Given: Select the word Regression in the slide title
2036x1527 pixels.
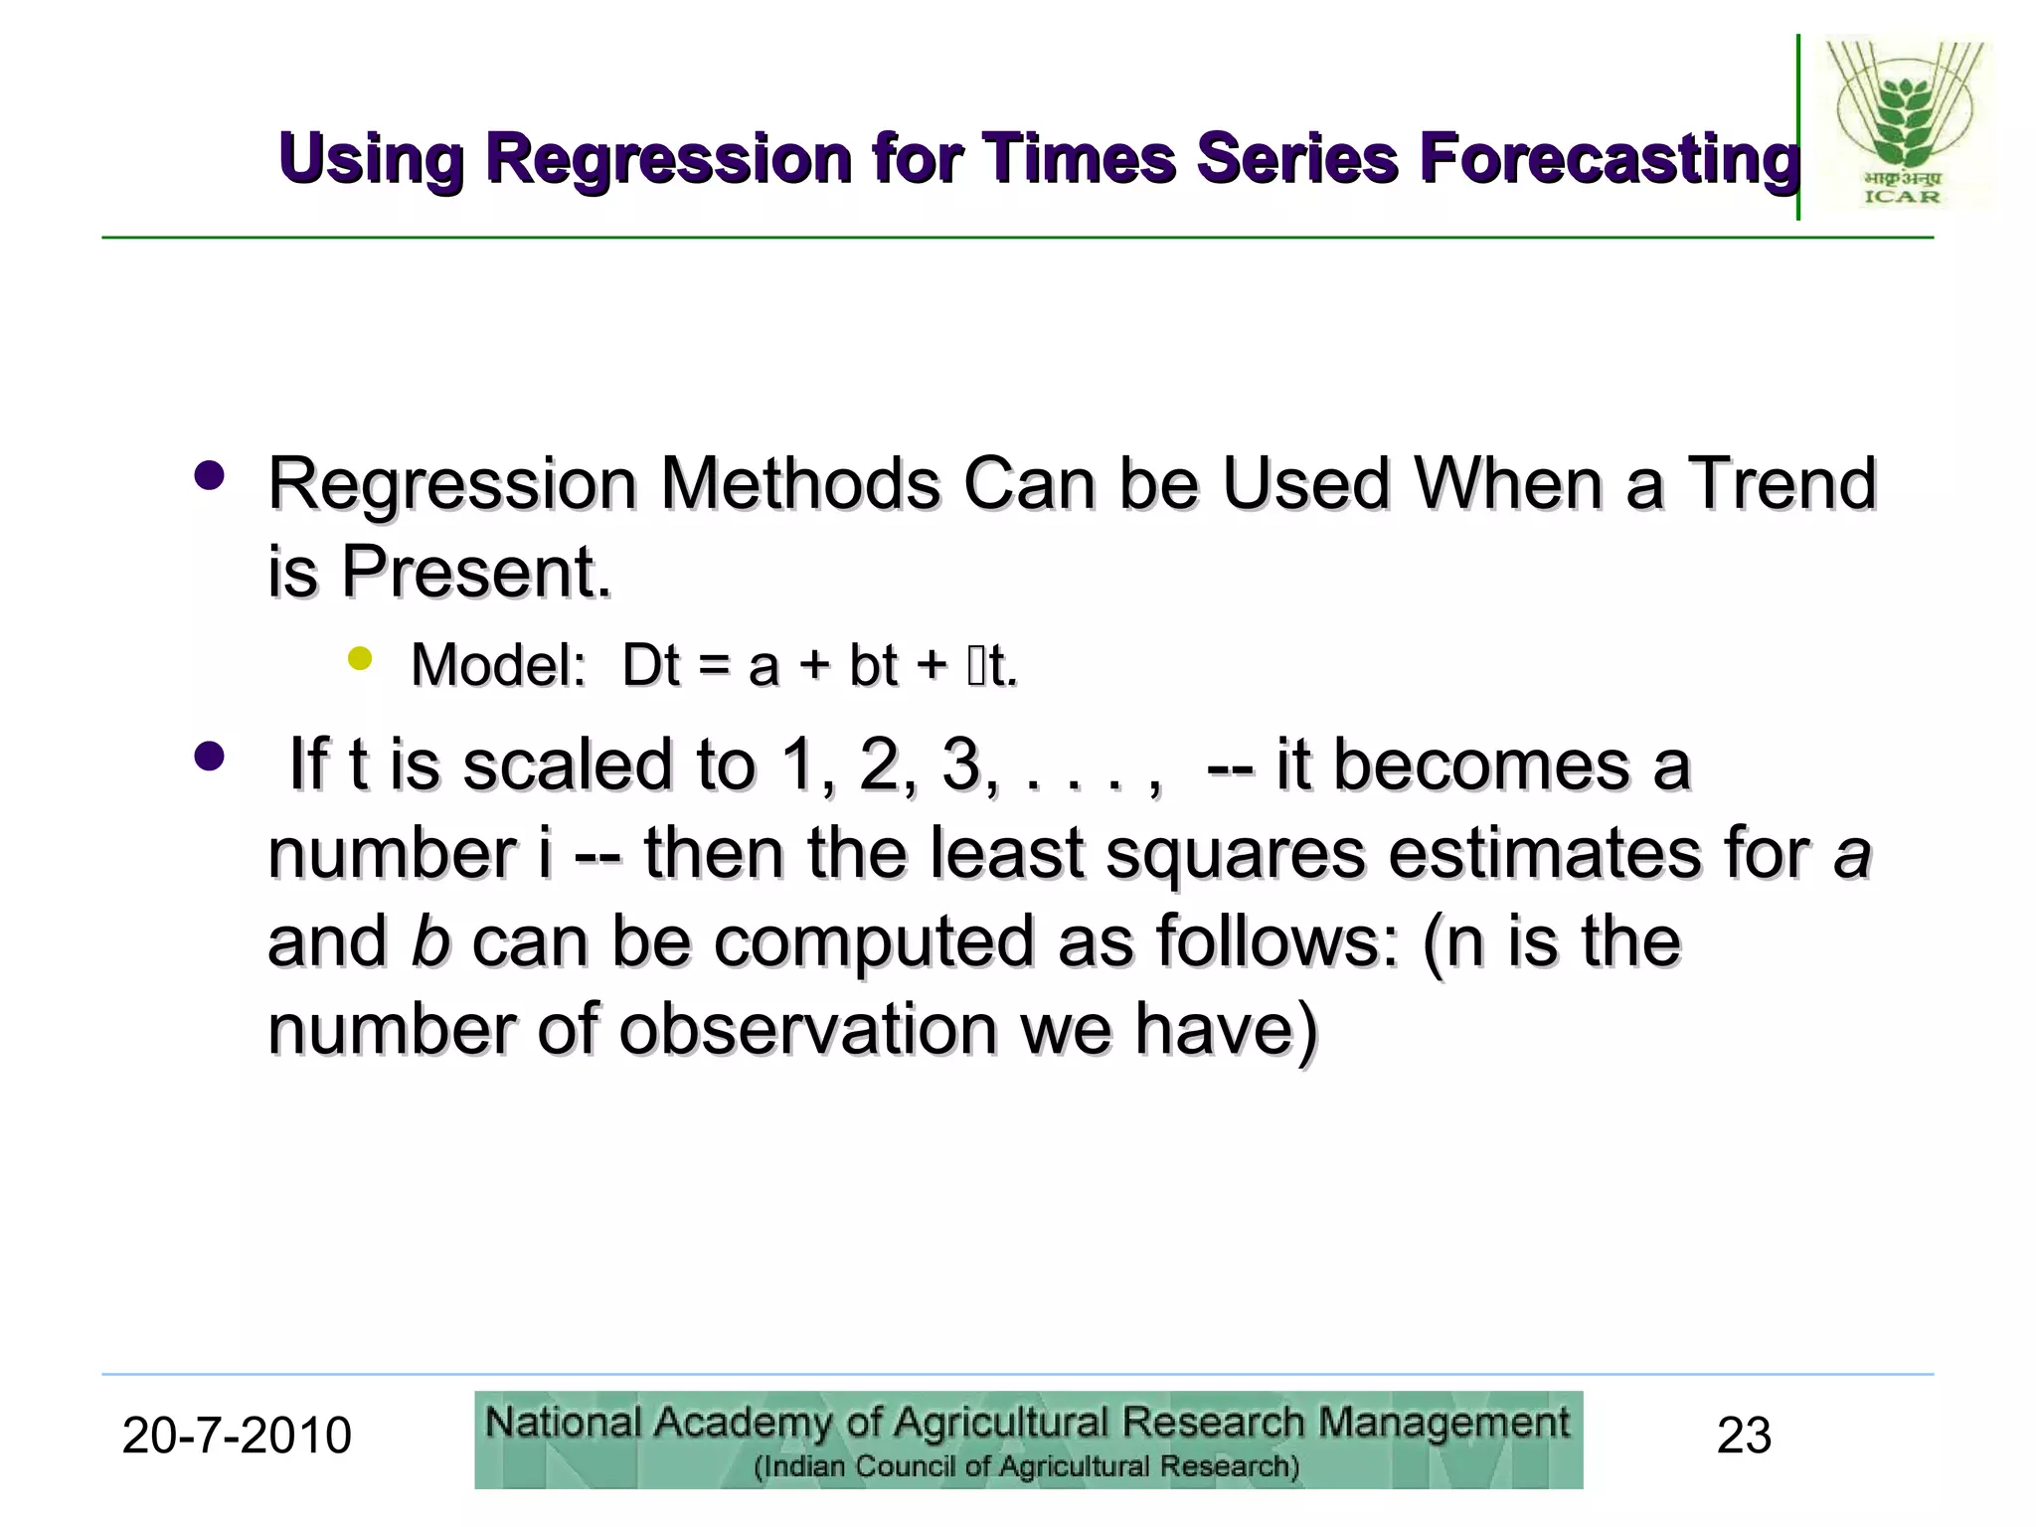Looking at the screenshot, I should click(x=668, y=159).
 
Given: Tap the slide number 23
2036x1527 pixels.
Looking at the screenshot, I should click(x=1744, y=1436).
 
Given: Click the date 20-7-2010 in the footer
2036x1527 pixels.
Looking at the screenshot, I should click(x=237, y=1436).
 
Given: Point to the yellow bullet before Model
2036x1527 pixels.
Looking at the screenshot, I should click(x=360, y=658).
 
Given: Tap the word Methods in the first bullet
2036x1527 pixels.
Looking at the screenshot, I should click(x=799, y=484).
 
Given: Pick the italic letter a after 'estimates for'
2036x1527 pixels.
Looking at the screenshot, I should click(x=1852, y=854).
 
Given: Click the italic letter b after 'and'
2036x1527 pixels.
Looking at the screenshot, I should click(x=431, y=941).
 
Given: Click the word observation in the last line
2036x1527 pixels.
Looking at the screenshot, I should click(x=807, y=1029).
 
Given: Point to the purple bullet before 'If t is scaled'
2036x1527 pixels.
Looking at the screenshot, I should click(x=210, y=758).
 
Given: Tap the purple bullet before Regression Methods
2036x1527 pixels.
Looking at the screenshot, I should click(x=210, y=475).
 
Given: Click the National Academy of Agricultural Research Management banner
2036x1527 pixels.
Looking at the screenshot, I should click(x=1028, y=1439).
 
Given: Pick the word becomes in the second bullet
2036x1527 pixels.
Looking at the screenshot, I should click(x=1481, y=766).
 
